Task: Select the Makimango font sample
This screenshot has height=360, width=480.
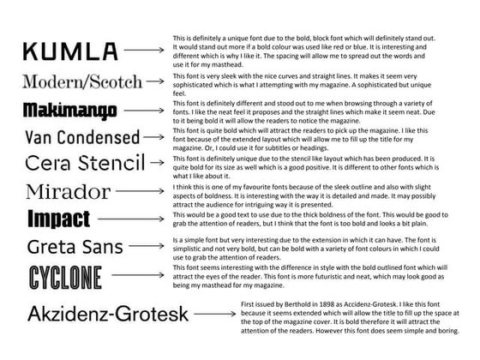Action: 70,111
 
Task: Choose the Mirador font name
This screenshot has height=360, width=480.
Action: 68,190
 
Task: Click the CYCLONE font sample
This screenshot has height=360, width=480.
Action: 65,277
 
